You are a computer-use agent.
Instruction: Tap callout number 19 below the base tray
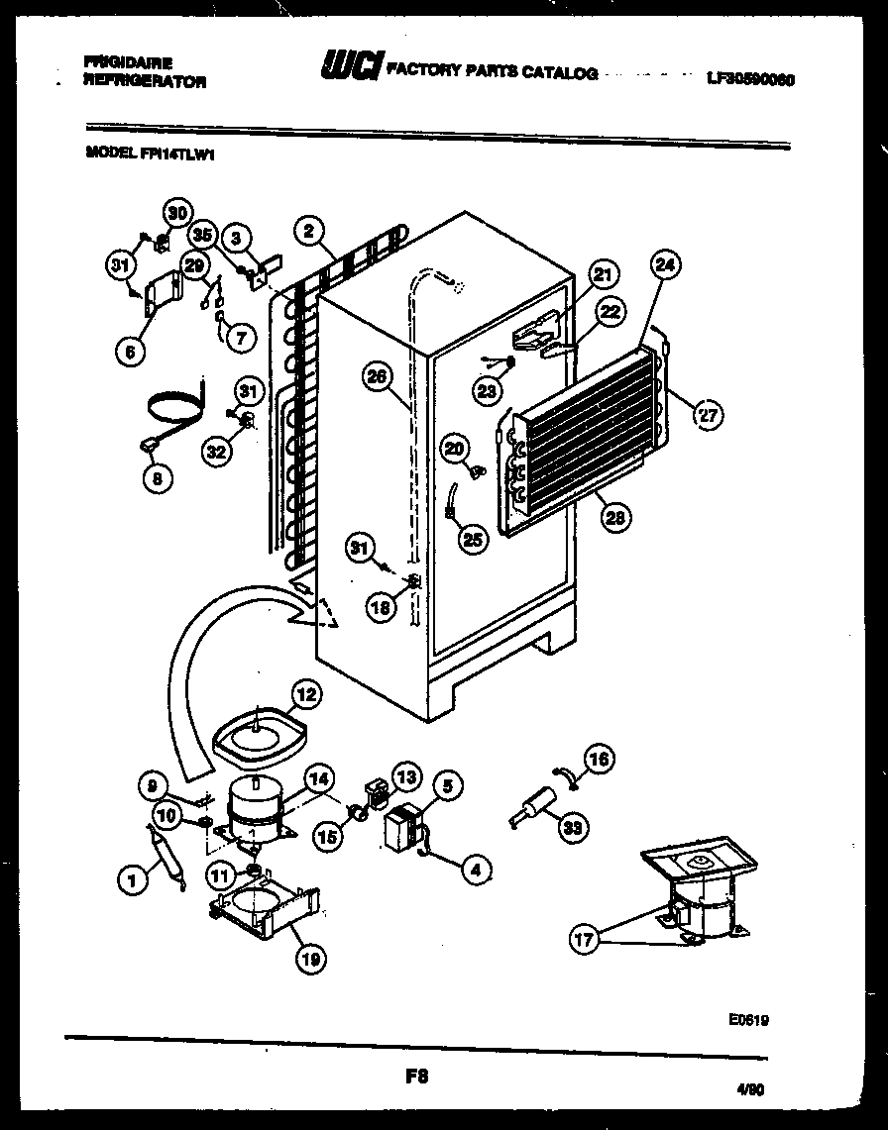click(311, 958)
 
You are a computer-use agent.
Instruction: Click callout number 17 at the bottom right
click(586, 939)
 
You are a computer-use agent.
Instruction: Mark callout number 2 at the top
click(309, 233)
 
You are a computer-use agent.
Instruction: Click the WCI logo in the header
click(351, 66)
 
